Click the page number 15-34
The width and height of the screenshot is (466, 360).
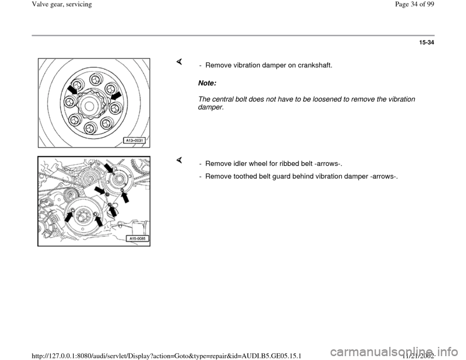pyautogui.click(x=427, y=43)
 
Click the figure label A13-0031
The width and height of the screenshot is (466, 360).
pyautogui.click(x=134, y=141)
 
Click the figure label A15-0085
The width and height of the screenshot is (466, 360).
pyautogui.click(x=137, y=239)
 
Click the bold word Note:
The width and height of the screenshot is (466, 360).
pyautogui.click(x=207, y=83)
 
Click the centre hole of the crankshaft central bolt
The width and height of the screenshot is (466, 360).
pyautogui.click(x=90, y=106)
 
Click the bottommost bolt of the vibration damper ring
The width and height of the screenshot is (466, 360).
pyautogui.click(x=90, y=128)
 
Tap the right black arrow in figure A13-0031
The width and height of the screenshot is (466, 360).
pyautogui.click(x=116, y=97)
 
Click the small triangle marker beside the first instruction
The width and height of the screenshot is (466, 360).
pyautogui.click(x=179, y=62)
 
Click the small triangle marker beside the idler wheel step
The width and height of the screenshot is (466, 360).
pyautogui.click(x=179, y=161)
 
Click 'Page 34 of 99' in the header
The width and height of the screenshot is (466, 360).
pyautogui.click(x=415, y=4)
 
